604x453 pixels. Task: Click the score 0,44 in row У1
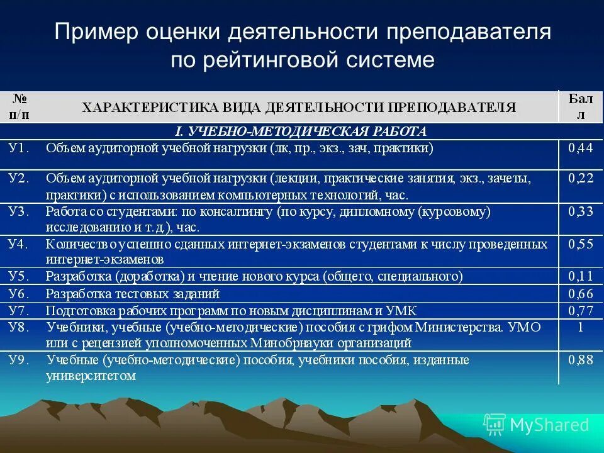tap(580, 148)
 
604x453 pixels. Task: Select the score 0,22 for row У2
tap(580, 179)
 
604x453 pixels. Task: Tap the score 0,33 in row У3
tap(580, 212)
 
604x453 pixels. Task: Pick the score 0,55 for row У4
tap(580, 244)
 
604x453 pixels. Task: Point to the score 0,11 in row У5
tap(580, 276)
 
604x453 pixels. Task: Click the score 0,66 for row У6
tap(580, 294)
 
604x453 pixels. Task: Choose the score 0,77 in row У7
tap(580, 310)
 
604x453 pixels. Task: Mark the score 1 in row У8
tap(580, 327)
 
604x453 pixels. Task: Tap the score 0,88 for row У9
tap(580, 361)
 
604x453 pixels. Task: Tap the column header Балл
tap(580, 106)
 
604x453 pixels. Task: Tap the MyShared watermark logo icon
tap(495, 425)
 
